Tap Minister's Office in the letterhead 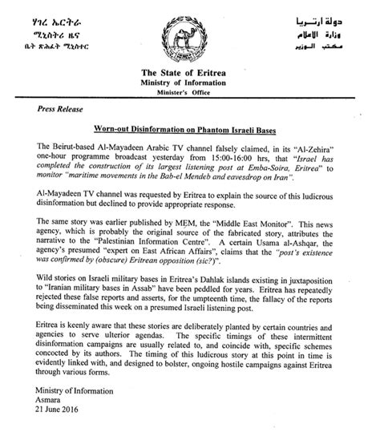pyautogui.click(x=189, y=90)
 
